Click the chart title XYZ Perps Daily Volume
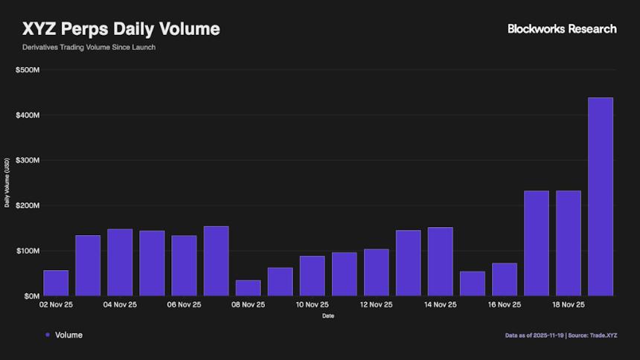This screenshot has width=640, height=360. point(121,29)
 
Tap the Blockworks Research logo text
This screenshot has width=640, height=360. point(562,29)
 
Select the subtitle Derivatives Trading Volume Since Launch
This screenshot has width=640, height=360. point(89,48)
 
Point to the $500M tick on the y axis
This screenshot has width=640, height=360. point(28,70)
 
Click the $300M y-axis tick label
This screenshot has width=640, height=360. point(28,161)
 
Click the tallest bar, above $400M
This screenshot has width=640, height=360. point(601,197)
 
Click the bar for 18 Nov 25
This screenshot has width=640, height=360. point(568,243)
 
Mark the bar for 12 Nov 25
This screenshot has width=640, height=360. point(376,273)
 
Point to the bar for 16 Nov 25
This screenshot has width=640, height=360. point(504,280)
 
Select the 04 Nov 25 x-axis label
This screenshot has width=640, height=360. point(120,305)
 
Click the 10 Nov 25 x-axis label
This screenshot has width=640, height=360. point(312,305)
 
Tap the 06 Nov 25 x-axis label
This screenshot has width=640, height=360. point(184,305)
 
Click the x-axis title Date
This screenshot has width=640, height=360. point(328,316)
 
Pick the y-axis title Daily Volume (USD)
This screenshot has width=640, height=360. point(7,182)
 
